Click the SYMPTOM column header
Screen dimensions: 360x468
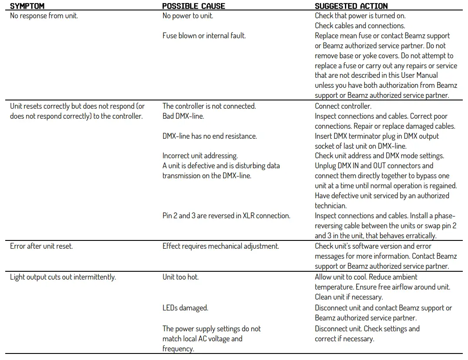[x=27, y=6]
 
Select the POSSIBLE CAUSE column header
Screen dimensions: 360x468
[x=194, y=6]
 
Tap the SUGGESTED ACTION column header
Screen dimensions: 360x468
[x=351, y=6]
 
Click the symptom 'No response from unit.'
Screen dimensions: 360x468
[x=44, y=16]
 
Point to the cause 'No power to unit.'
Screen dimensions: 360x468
[x=187, y=16]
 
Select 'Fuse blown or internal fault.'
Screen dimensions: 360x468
[x=204, y=36]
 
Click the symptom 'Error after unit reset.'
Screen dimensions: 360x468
[x=41, y=246]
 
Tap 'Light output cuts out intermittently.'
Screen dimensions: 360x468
[x=63, y=277]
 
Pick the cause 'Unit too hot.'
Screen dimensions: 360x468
[x=181, y=277]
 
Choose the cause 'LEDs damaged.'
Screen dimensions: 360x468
[x=185, y=308]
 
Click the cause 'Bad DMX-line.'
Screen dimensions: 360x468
[x=183, y=116]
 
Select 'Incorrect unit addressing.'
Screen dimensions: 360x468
[x=200, y=156]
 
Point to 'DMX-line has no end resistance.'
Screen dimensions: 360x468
[x=210, y=136]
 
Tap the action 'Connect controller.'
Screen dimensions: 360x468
[x=343, y=106]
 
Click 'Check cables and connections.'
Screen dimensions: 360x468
[x=360, y=26]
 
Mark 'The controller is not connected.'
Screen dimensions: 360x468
[x=209, y=106]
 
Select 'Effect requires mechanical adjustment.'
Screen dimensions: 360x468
[x=221, y=246]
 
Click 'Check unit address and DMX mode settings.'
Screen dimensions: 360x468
[x=379, y=156]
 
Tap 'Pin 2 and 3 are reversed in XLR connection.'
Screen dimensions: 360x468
[x=226, y=216]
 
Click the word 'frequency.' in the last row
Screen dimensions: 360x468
[x=178, y=349]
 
